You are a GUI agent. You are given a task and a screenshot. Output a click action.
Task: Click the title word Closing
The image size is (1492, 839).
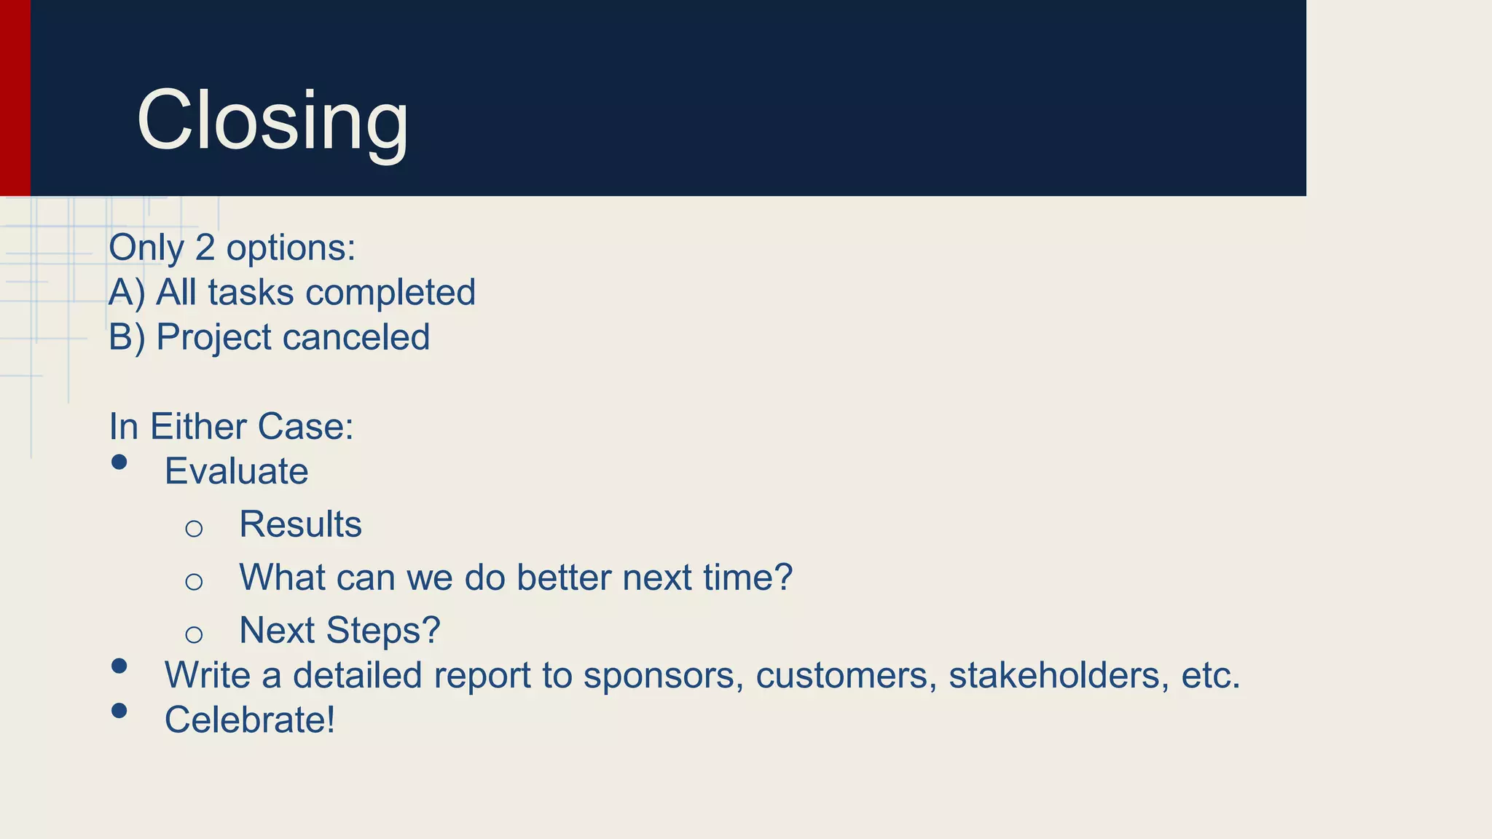[272, 120]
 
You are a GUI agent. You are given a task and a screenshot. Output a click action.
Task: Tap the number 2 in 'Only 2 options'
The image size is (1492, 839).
[205, 248]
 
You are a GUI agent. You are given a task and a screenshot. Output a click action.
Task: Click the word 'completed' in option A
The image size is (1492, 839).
[390, 293]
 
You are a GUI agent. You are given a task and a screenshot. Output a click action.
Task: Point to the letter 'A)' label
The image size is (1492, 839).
[127, 293]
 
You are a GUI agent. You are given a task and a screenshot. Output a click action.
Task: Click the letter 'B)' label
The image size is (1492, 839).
[127, 337]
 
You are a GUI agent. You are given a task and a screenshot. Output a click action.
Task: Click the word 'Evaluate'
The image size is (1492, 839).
[236, 471]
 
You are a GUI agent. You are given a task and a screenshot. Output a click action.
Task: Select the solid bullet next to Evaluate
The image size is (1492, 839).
[119, 462]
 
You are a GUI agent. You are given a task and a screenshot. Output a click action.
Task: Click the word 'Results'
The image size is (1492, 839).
[300, 524]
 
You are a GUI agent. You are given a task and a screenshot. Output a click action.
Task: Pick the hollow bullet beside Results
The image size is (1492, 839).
[194, 529]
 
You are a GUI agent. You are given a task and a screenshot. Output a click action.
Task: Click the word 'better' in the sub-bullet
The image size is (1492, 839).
[563, 578]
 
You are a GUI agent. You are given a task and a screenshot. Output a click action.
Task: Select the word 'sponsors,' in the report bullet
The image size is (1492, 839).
[664, 676]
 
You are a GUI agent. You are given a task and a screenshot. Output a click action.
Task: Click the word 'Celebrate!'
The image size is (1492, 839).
[250, 720]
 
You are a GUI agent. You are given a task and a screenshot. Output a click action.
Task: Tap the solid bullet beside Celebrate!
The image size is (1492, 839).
[119, 710]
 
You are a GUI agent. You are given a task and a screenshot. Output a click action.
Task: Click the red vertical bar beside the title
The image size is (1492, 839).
[15, 98]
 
